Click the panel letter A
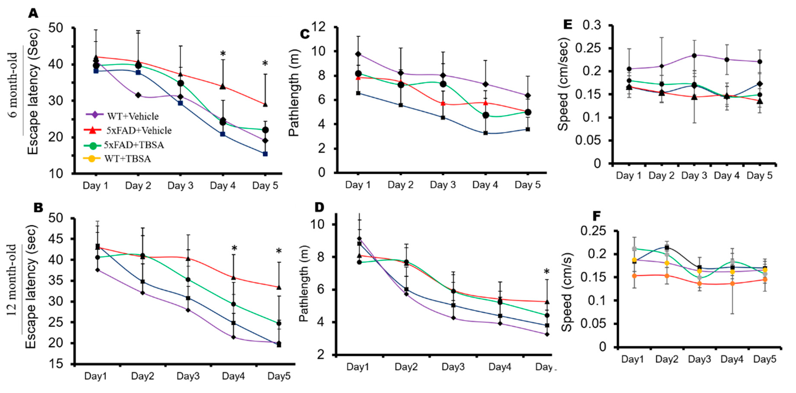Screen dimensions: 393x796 click(33, 13)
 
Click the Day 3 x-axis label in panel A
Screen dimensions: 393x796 click(181, 186)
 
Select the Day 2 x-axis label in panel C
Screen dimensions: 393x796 click(400, 185)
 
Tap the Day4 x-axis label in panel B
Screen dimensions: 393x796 click(233, 376)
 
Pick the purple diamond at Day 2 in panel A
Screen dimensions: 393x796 click(138, 95)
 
